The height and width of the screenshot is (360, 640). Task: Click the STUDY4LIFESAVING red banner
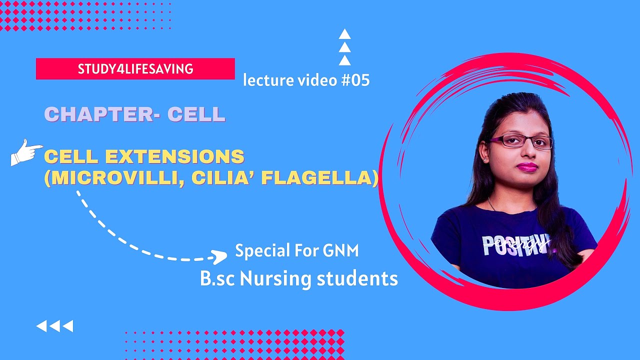pos(135,69)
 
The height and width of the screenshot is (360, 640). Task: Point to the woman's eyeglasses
pos(520,141)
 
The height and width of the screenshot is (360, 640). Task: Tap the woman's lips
pos(527,166)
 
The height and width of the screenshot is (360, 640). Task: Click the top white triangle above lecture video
pos(344,34)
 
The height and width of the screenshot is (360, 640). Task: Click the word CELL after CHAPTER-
pos(196,114)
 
